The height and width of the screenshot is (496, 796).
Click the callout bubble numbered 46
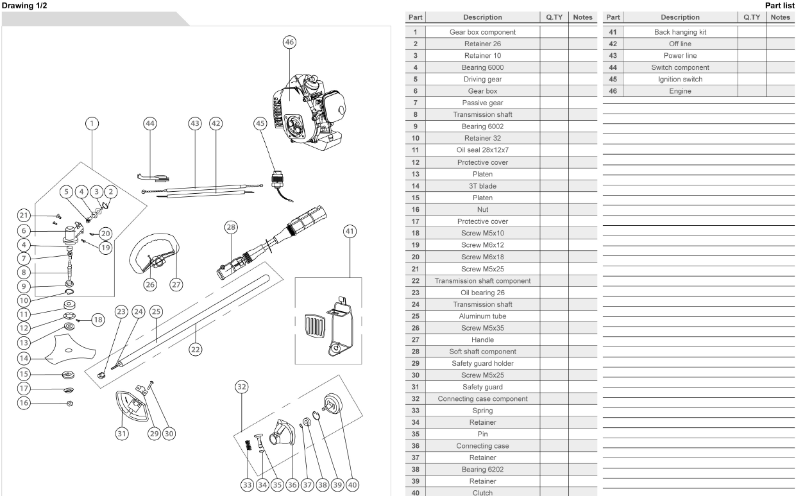[x=290, y=42]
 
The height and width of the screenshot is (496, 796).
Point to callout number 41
[x=350, y=232]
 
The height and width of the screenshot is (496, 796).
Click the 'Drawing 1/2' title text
[x=24, y=6]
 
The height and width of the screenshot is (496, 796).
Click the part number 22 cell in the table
[x=416, y=280]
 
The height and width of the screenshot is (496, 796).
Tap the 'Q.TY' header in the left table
[x=554, y=17]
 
